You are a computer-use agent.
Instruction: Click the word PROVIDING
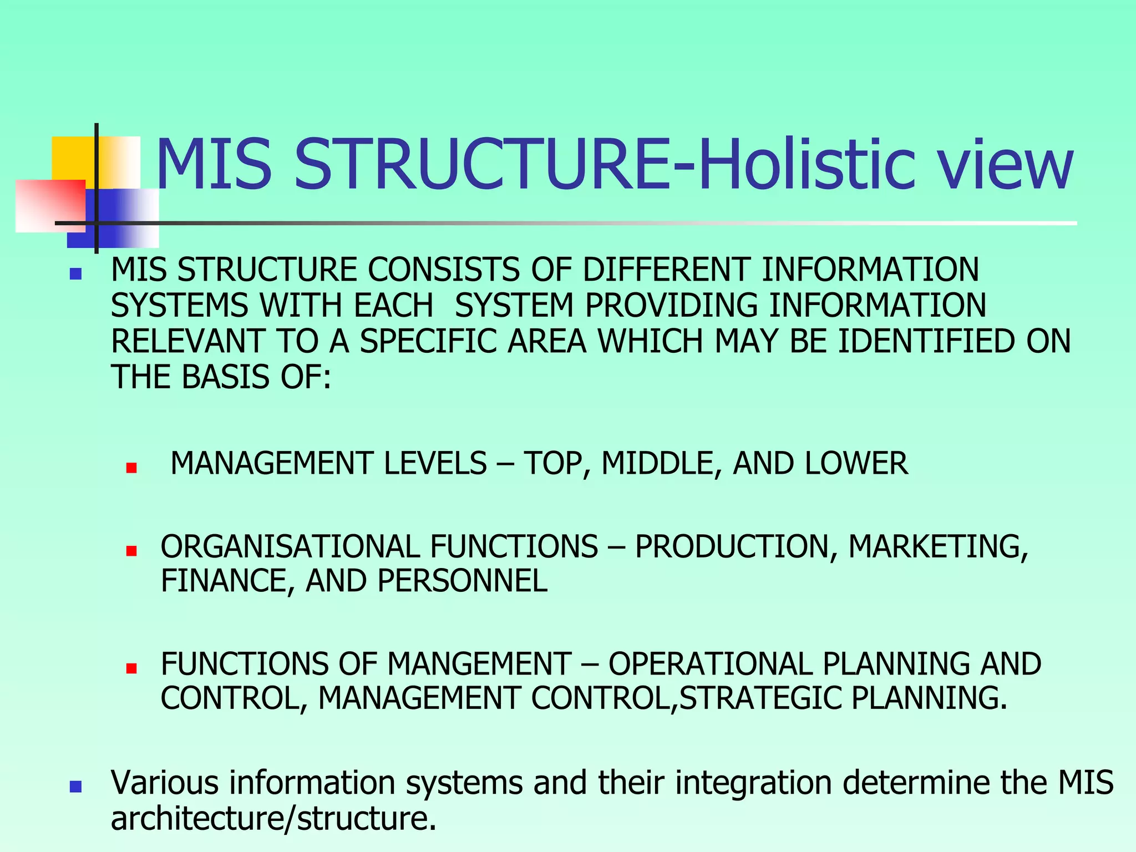pyautogui.click(x=672, y=306)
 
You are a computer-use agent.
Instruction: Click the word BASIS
pyautogui.click(x=227, y=377)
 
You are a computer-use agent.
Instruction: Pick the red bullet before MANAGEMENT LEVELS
pyautogui.click(x=131, y=468)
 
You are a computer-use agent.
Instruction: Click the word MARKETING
pyautogui.click(x=938, y=546)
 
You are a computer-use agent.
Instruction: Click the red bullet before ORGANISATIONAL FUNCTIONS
pyautogui.click(x=131, y=551)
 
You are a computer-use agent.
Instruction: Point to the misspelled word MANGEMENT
pyautogui.click(x=479, y=664)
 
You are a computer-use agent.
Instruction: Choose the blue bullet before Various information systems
pyautogui.click(x=76, y=787)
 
